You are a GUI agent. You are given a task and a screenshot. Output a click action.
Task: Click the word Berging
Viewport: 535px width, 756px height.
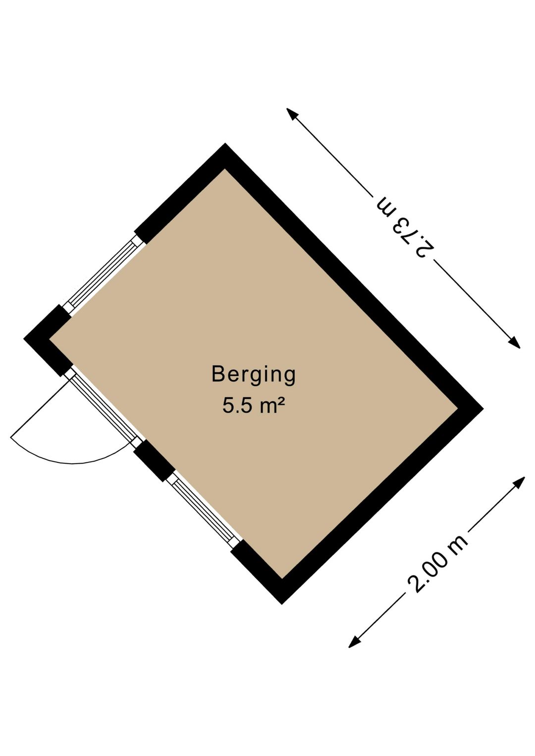pos(253,375)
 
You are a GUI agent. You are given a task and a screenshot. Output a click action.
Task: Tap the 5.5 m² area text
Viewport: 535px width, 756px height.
pos(253,405)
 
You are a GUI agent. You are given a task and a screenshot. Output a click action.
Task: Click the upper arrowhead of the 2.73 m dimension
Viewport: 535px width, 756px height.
pos(292,114)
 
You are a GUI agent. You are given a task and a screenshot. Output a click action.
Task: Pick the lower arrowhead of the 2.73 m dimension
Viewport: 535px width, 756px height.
pos(514,342)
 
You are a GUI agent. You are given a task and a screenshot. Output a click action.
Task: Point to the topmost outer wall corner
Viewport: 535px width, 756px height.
pos(225,144)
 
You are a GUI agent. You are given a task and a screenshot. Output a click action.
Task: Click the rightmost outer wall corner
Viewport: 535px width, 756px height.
pos(483,408)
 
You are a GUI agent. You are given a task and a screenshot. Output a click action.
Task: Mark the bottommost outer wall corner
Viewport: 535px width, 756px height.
pos(282,604)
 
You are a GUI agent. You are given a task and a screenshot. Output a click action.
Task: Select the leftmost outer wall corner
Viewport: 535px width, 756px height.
pos(24,338)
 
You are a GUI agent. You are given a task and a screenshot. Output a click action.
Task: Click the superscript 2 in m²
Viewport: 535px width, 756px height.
pos(280,401)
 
